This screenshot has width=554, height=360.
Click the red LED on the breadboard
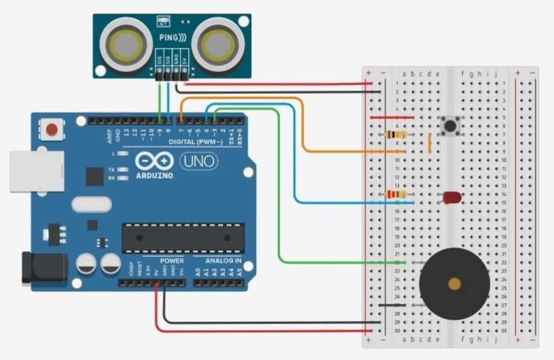click(x=452, y=198)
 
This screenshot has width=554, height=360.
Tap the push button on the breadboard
click(x=450, y=126)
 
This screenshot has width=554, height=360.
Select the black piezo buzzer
click(x=454, y=284)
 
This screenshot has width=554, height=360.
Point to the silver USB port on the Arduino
click(x=36, y=171)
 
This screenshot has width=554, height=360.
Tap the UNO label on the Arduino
click(x=199, y=161)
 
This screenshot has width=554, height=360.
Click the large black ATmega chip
click(x=183, y=237)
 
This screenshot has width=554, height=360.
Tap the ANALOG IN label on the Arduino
click(x=223, y=261)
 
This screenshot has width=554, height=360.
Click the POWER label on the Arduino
click(x=172, y=261)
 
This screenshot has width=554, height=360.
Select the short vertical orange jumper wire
click(x=430, y=143)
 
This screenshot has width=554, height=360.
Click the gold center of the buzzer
click(x=454, y=284)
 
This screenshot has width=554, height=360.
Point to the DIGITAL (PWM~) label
click(x=196, y=142)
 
